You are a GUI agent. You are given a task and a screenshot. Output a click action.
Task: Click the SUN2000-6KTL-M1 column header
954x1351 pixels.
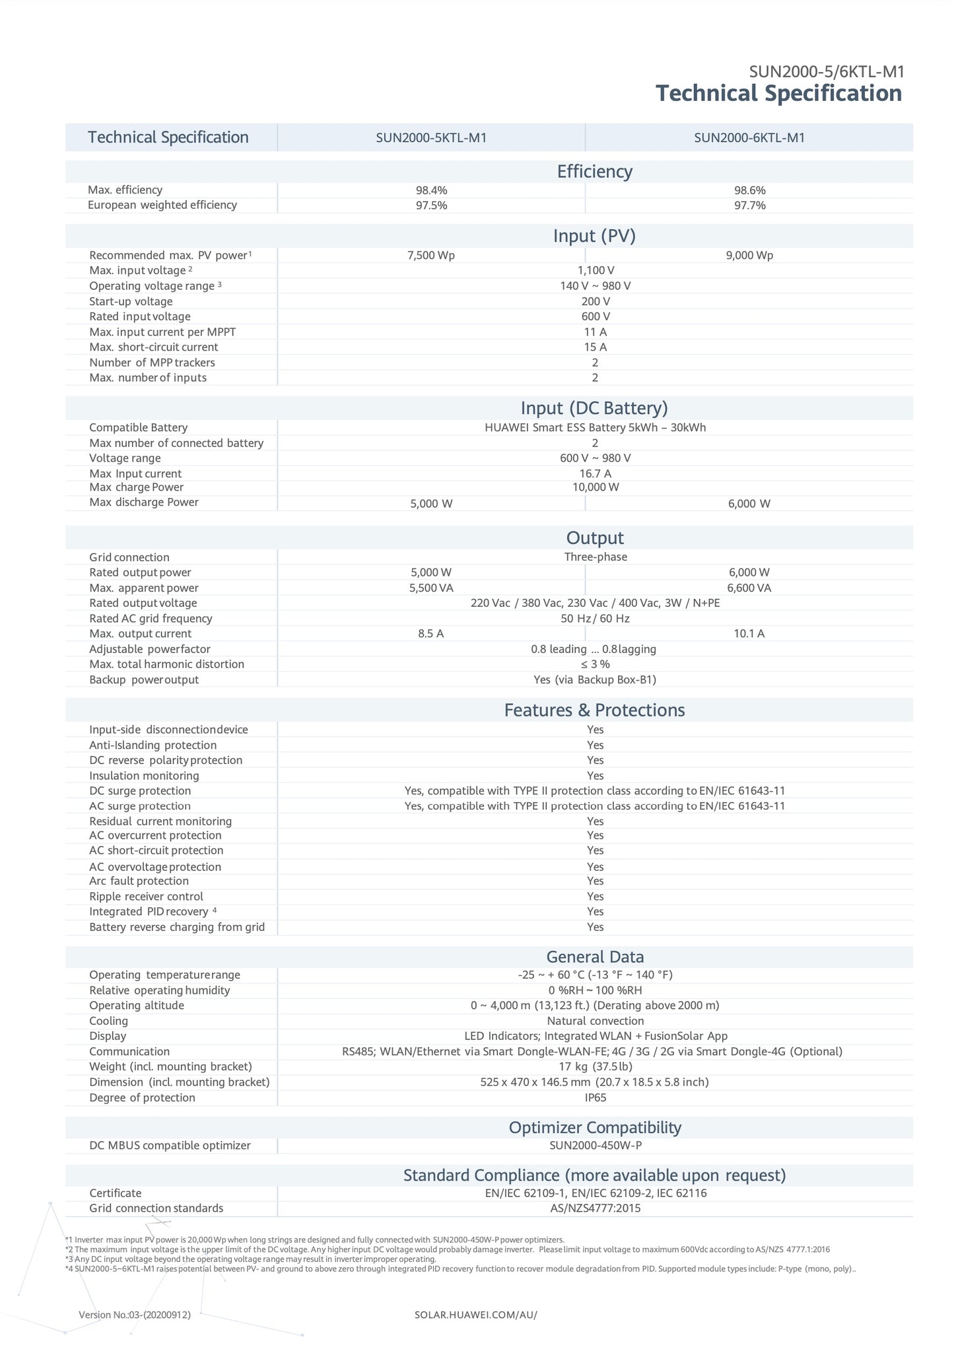pyautogui.click(x=749, y=138)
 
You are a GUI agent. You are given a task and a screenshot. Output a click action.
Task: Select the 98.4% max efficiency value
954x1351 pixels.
pyautogui.click(x=431, y=190)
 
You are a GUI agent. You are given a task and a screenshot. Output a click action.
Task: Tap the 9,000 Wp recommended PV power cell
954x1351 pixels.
pyautogui.click(x=749, y=256)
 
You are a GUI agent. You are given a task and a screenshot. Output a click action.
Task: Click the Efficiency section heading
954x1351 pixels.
pyautogui.click(x=594, y=172)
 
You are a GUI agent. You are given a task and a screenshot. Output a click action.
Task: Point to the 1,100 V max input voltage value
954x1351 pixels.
pyautogui.click(x=596, y=270)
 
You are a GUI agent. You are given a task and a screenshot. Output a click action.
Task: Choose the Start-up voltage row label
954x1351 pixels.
pyautogui.click(x=131, y=301)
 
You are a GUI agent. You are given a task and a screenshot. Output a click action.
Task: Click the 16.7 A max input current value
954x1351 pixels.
pyautogui.click(x=595, y=473)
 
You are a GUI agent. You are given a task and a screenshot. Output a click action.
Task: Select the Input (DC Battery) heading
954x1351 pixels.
pyautogui.click(x=594, y=407)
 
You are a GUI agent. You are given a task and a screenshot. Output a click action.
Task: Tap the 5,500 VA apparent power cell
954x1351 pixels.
pyautogui.click(x=431, y=588)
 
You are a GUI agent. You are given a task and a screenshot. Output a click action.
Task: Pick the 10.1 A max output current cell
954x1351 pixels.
pyautogui.click(x=749, y=634)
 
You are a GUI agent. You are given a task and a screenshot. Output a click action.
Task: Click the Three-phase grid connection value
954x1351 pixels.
pyautogui.click(x=596, y=557)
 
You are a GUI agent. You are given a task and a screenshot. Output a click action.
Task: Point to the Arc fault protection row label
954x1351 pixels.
pyautogui.click(x=139, y=881)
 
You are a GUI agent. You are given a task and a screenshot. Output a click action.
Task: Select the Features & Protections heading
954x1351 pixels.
pyautogui.click(x=594, y=710)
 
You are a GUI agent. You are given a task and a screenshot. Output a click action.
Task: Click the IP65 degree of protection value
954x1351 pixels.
pyautogui.click(x=595, y=1097)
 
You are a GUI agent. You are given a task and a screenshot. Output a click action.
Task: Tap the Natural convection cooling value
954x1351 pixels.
pyautogui.click(x=595, y=1021)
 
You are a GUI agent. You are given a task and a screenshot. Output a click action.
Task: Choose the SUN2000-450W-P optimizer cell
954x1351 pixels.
pyautogui.click(x=595, y=1145)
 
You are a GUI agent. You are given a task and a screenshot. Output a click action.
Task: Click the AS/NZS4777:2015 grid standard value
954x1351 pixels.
pyautogui.click(x=595, y=1208)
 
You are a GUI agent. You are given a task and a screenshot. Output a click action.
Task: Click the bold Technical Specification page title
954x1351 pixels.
pyautogui.click(x=778, y=93)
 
